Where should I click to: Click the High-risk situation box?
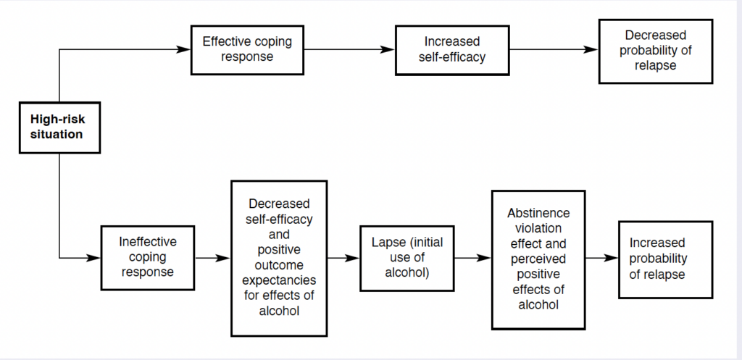[x=59, y=127]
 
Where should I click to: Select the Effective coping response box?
[x=247, y=50]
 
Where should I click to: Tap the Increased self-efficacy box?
[x=452, y=50]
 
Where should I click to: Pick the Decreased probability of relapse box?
[x=655, y=51]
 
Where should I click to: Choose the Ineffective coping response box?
[x=148, y=258]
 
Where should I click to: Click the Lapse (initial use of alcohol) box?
[x=407, y=258]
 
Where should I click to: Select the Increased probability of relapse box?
[x=665, y=259]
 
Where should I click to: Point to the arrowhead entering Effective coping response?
[x=183, y=49]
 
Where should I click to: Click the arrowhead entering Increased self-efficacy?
[x=388, y=49]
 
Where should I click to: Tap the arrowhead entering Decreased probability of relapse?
[x=591, y=49]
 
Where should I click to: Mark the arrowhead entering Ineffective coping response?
[x=93, y=258]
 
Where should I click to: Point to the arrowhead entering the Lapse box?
[x=353, y=258]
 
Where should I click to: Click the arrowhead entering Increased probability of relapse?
[x=612, y=258]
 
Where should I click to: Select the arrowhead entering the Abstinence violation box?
[x=485, y=258]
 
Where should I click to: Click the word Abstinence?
[x=538, y=213]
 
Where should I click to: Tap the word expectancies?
[x=279, y=280]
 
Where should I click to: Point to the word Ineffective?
[x=148, y=242]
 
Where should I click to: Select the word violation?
[x=538, y=228]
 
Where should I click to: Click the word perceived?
[x=538, y=259]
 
